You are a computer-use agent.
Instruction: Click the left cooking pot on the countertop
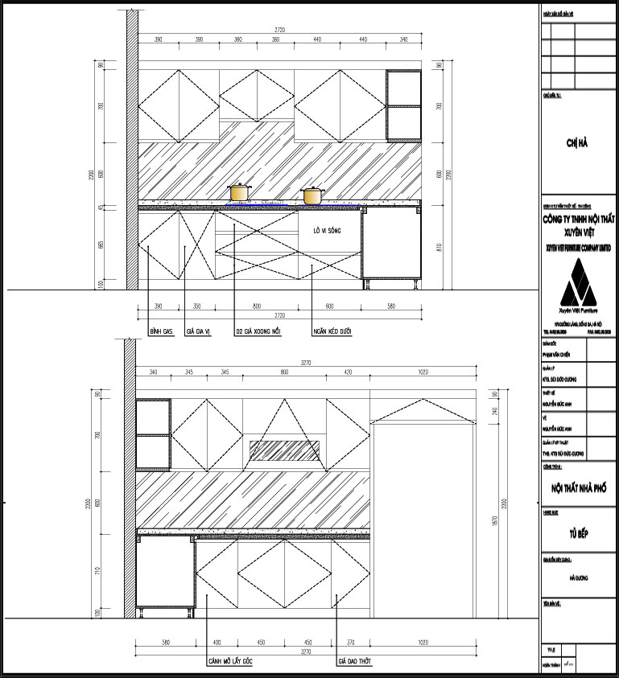click(239, 192)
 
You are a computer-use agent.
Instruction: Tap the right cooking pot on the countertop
click(312, 195)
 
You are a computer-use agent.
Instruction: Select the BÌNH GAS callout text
click(162, 331)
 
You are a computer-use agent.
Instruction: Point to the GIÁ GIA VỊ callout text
click(198, 331)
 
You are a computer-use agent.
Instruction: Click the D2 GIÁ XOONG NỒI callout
click(258, 331)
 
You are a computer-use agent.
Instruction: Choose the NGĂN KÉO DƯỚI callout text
click(334, 331)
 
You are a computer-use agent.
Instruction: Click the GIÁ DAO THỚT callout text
click(355, 662)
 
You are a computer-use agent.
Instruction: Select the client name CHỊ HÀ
click(578, 143)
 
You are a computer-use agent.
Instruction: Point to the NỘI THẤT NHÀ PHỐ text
click(578, 488)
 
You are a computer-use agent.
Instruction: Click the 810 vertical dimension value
click(439, 247)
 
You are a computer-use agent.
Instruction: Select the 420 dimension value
click(349, 372)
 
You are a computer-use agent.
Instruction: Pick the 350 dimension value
click(197, 306)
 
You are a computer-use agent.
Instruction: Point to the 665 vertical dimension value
click(101, 245)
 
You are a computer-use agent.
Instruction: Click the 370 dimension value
click(349, 642)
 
